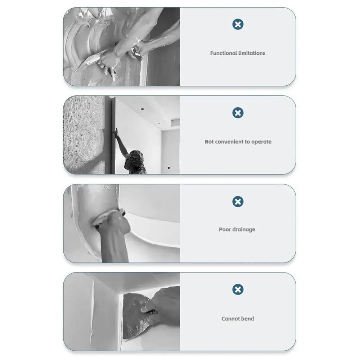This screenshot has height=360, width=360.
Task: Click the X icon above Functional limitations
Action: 238,24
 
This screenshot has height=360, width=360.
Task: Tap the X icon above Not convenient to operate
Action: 238,113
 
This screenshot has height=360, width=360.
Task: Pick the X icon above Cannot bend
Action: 238,289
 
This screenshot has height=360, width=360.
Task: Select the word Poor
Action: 225,229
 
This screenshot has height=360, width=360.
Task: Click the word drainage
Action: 244,229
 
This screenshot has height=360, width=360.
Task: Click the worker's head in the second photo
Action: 136,159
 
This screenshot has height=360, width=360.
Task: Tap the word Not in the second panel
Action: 209,141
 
